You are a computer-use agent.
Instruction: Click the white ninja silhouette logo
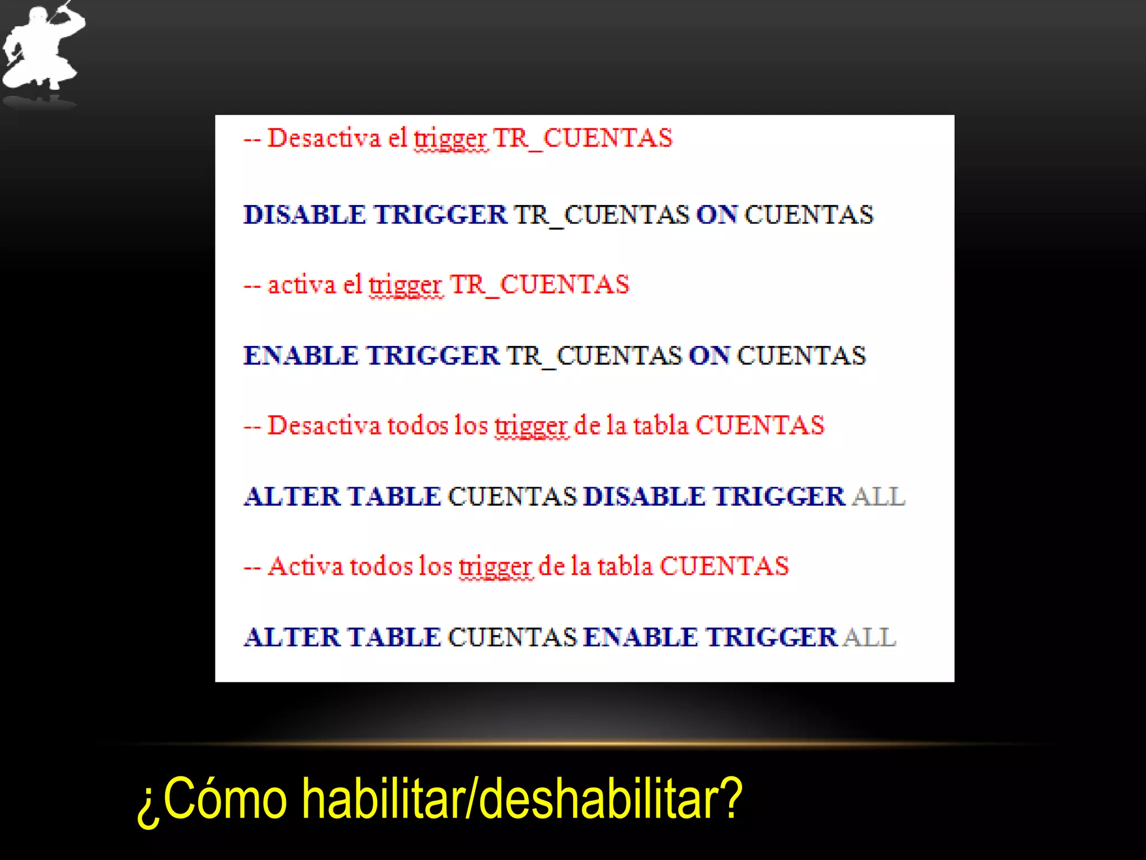coord(42,48)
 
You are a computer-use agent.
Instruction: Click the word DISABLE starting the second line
coord(304,215)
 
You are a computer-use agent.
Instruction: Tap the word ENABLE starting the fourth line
coord(300,356)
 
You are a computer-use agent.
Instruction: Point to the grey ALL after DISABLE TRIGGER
coord(878,497)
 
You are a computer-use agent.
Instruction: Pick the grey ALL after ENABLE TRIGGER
coord(870,637)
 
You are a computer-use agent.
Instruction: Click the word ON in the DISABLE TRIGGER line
coord(717,215)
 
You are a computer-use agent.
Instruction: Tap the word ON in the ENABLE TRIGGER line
coord(709,356)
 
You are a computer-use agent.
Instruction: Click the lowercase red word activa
coord(301,284)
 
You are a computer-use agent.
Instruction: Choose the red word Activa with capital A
coord(305,566)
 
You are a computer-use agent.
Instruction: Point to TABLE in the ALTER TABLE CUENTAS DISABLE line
coord(394,497)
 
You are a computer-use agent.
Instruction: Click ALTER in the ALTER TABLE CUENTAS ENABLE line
coord(292,637)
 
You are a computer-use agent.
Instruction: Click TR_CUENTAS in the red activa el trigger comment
coord(539,284)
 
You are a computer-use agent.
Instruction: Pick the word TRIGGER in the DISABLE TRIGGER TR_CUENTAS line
coord(440,215)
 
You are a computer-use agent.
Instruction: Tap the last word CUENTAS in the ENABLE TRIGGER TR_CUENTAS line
coord(801,356)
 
